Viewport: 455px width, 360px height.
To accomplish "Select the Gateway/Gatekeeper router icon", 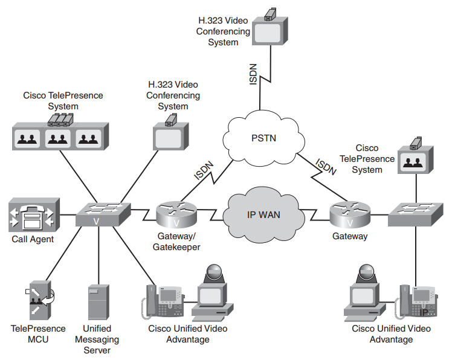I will pos(176,213).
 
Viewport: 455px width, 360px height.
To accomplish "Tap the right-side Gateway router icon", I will pos(349,213).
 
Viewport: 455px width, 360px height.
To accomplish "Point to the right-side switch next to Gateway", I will pos(416,213).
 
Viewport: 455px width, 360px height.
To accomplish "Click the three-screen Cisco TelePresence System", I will pos(60,135).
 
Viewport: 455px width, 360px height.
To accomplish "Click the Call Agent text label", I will pos(33,239).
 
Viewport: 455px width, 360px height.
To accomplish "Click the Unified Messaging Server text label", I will pos(97,339).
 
